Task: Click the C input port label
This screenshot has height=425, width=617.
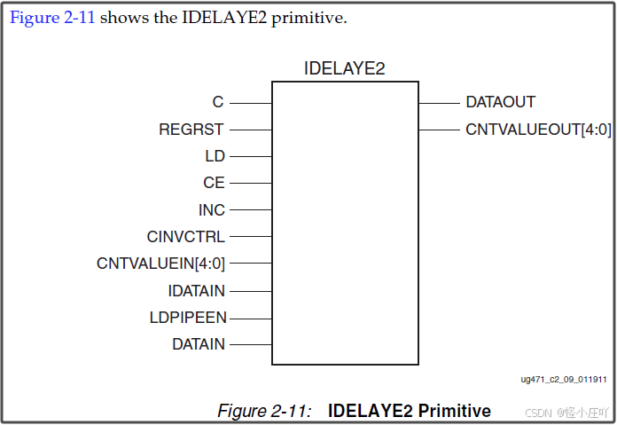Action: [x=218, y=103]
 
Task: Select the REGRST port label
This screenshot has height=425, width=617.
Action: [x=191, y=130]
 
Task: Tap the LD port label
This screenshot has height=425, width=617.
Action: [x=215, y=156]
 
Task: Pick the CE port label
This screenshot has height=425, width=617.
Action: [x=214, y=184]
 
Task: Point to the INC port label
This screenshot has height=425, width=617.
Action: [x=212, y=210]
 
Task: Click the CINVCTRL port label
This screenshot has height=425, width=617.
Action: [x=186, y=237]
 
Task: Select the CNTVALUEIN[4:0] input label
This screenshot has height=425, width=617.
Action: [x=160, y=264]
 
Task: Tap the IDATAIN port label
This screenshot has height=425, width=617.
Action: [x=197, y=290]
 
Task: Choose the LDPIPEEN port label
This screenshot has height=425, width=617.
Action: [x=188, y=318]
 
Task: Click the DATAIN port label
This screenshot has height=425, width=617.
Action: [x=199, y=344]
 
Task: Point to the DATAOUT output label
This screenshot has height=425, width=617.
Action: [x=500, y=103]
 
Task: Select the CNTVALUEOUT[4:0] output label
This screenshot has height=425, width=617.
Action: [x=538, y=130]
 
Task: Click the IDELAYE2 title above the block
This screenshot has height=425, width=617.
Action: [x=344, y=68]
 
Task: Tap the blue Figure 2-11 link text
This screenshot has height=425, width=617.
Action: [x=51, y=19]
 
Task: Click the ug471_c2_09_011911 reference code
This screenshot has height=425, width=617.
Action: [x=564, y=379]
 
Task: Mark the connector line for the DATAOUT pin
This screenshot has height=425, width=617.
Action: [x=438, y=103]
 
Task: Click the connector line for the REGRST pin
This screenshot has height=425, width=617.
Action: [x=250, y=130]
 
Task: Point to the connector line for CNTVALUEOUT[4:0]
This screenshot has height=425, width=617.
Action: [x=438, y=130]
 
